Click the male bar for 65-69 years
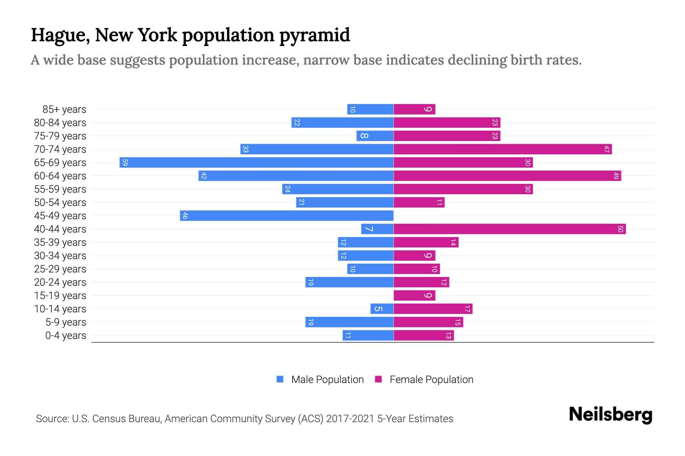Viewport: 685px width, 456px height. click(256, 163)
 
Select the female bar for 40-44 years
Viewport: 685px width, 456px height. click(510, 229)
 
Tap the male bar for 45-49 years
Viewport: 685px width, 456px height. click(287, 216)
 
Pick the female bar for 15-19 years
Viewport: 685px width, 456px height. click(414, 296)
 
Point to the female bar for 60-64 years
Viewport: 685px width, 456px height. click(507, 176)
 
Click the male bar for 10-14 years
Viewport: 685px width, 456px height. click(382, 309)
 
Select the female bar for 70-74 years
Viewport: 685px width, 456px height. click(502, 149)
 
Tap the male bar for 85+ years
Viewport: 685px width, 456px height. click(370, 109)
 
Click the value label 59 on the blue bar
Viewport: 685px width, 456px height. click(125, 163)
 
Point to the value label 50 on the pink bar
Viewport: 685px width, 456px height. click(620, 229)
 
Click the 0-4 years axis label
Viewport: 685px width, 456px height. click(65, 336)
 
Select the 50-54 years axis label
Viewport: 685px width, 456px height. click(60, 203)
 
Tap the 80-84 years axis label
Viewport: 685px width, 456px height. click(60, 123)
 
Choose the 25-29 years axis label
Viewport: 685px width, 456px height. click(60, 269)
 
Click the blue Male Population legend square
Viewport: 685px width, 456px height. click(280, 379)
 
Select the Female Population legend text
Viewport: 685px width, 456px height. click(431, 380)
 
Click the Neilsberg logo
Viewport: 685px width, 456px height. click(610, 415)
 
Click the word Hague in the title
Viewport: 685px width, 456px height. click(60, 35)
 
